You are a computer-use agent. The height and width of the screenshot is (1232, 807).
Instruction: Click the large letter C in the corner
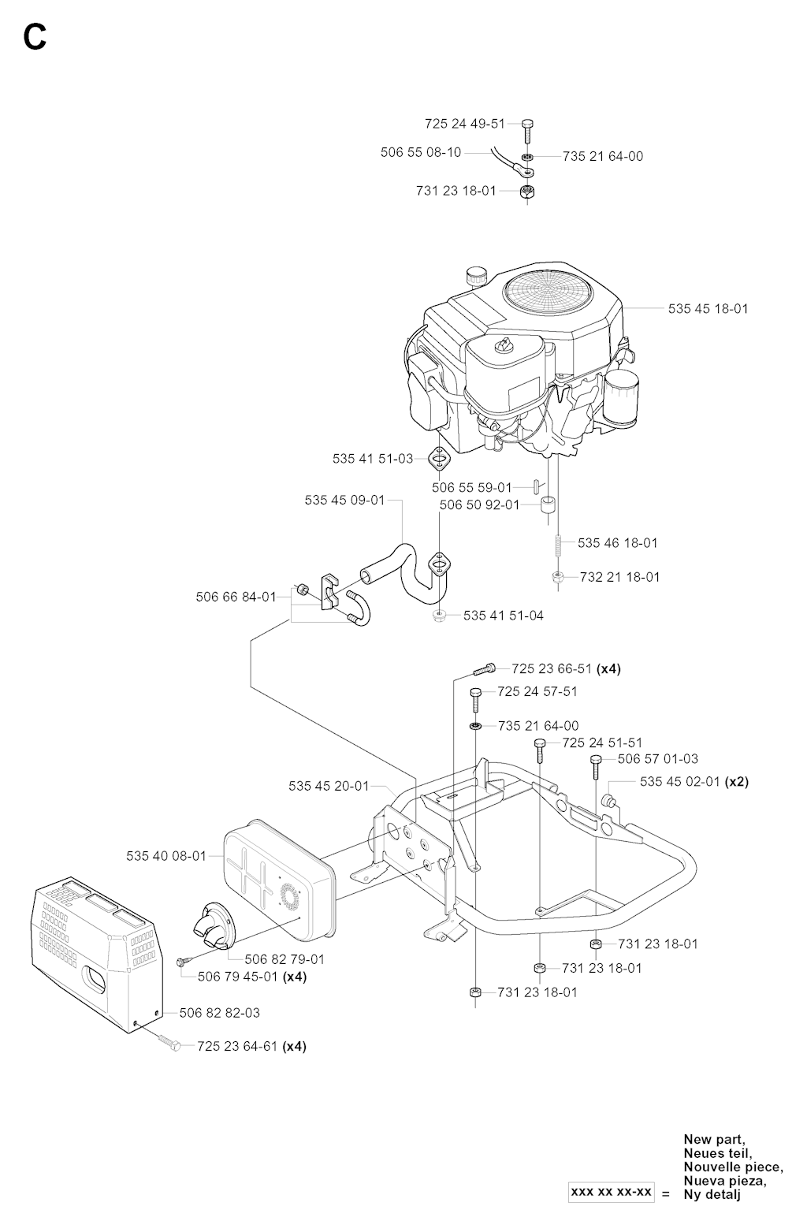35,36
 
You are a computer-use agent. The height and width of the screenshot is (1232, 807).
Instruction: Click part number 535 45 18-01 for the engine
708,308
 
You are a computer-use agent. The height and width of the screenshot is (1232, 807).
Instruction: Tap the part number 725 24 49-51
464,124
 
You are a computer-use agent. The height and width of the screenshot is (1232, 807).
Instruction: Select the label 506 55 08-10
421,152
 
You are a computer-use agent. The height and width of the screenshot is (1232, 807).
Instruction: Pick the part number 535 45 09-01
344,500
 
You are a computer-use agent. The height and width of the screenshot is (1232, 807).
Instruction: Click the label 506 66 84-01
236,597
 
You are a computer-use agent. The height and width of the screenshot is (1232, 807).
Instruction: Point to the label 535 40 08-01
165,855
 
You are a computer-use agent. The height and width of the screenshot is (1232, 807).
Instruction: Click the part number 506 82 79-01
284,959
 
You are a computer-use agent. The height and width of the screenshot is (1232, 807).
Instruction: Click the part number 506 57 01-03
658,758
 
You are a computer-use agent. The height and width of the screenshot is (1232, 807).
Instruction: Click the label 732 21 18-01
619,576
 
